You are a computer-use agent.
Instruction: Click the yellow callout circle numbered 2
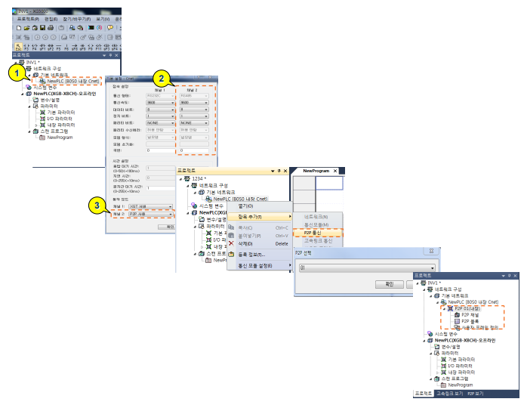click(160, 77)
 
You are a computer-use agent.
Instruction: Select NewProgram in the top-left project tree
click(60, 138)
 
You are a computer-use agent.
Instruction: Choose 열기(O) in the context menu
click(247, 206)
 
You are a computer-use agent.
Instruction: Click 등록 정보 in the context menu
click(251, 255)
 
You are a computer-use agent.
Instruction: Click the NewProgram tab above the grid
click(318, 172)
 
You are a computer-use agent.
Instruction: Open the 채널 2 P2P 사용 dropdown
click(152, 214)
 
